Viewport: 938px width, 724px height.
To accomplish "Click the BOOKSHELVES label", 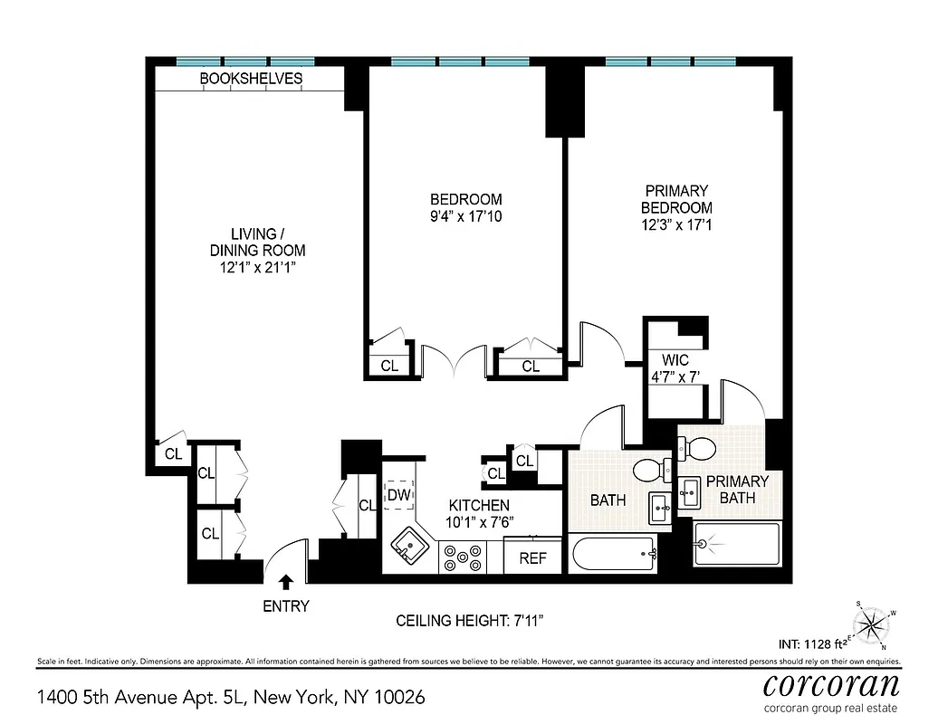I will [x=251, y=79].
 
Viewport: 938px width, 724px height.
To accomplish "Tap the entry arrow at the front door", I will [x=287, y=582].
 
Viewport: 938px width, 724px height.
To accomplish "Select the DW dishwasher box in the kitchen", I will [x=398, y=494].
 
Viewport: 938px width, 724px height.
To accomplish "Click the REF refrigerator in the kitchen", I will [x=532, y=557].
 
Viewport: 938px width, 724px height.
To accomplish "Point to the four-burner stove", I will [x=462, y=557].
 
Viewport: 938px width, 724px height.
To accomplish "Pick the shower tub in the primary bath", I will [x=735, y=545].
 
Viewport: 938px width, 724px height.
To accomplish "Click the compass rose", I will [x=871, y=624].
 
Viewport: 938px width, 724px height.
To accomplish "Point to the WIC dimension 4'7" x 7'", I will [x=675, y=376].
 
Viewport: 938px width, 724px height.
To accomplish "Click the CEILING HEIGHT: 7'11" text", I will [x=469, y=621].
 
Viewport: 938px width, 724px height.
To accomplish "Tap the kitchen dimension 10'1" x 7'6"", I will [x=479, y=521].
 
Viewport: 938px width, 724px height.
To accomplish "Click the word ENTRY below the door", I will [x=286, y=606].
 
